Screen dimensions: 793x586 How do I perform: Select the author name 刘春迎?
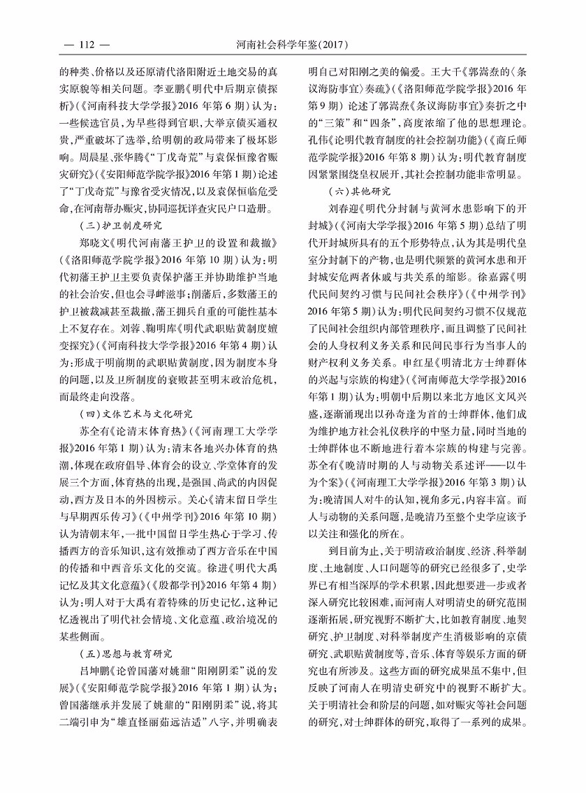(x=344, y=207)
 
